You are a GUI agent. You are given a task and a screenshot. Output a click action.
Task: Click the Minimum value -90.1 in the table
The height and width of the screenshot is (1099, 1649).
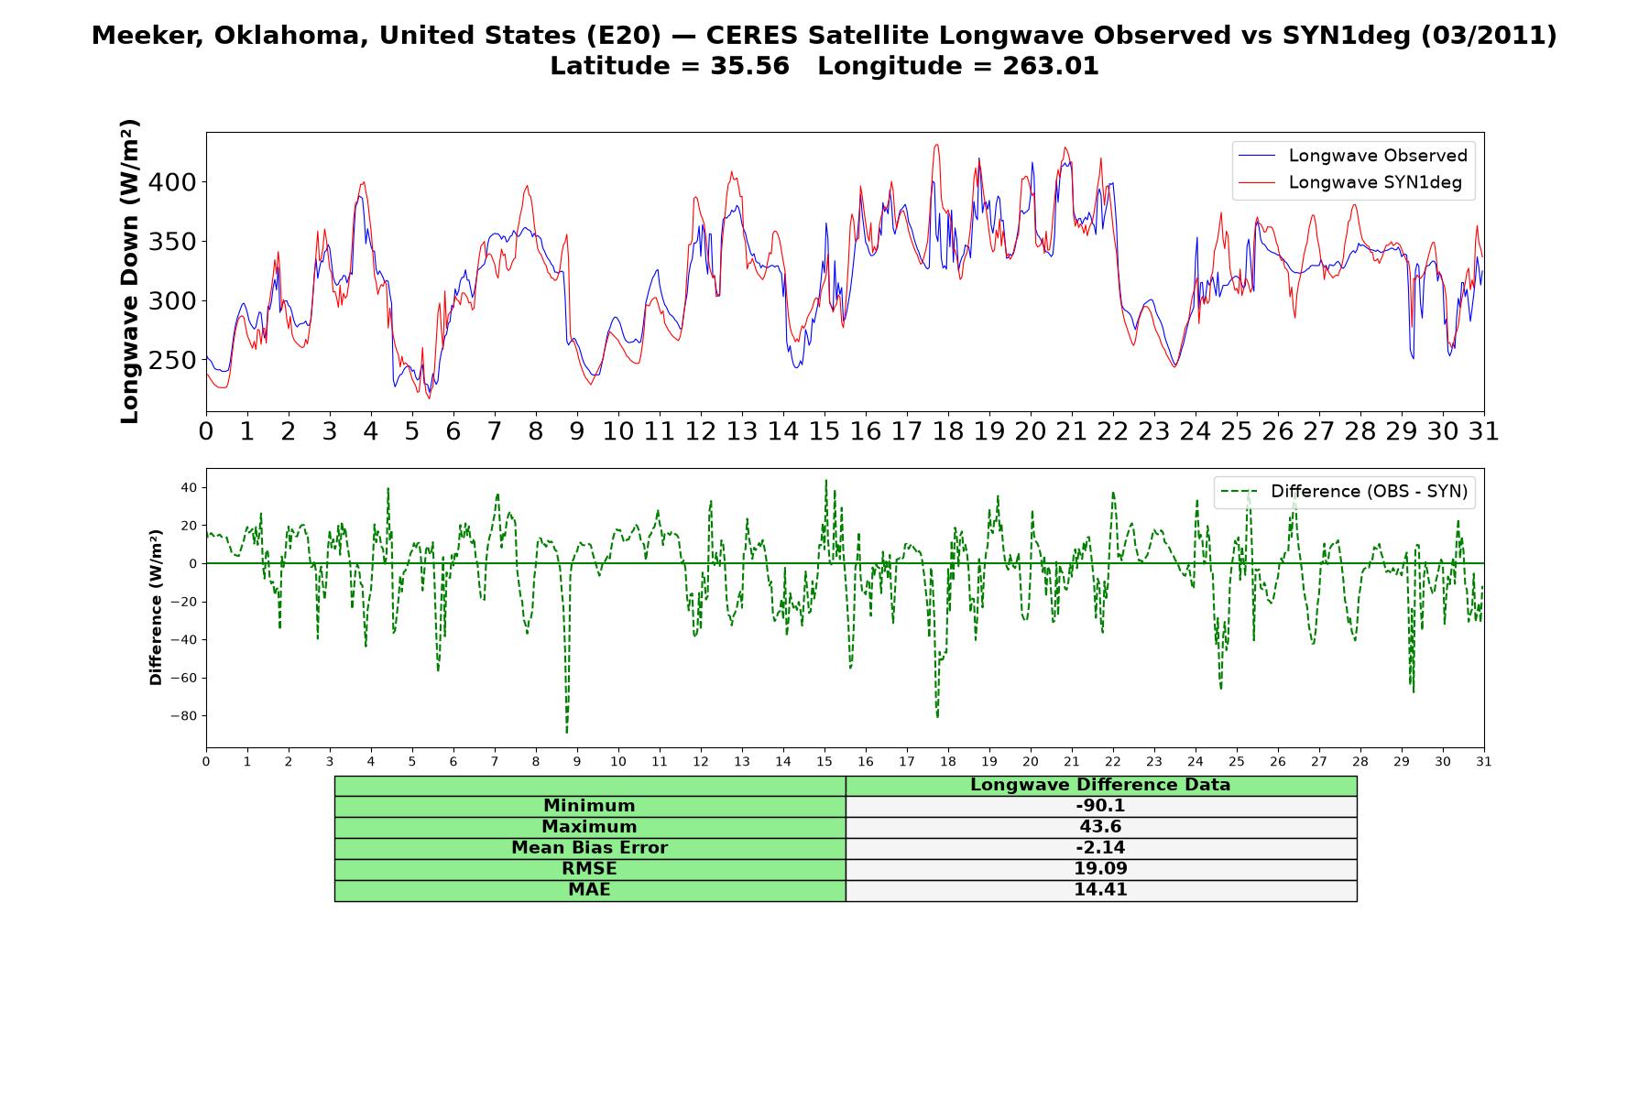coord(1100,806)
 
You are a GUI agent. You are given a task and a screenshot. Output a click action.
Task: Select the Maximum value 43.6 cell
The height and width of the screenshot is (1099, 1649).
coord(1100,827)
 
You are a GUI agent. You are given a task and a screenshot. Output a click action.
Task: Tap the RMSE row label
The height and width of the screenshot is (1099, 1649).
coord(589,869)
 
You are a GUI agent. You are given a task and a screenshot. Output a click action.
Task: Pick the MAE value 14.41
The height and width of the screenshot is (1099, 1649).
coord(1100,890)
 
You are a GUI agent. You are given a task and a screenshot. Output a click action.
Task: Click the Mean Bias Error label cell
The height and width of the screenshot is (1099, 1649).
coord(589,848)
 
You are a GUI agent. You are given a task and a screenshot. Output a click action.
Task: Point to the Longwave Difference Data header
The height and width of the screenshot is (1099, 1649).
coord(1100,785)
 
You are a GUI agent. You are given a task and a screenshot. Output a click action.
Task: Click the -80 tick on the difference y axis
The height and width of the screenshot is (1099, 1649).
coord(183,716)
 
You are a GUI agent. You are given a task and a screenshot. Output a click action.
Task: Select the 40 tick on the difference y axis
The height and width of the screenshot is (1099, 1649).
coord(189,487)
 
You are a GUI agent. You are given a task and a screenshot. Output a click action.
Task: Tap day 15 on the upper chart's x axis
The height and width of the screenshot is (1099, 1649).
coord(824,431)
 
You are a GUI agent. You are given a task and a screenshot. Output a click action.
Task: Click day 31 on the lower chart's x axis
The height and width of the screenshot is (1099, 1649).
coord(1484,761)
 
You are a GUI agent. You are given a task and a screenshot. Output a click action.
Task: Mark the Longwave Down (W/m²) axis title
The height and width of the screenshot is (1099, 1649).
coord(130,271)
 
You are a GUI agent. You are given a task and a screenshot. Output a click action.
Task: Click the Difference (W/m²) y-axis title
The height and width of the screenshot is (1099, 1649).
coord(156,607)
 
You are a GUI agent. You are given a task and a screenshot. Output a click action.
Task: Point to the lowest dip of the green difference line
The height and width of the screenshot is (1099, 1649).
coord(566,732)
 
